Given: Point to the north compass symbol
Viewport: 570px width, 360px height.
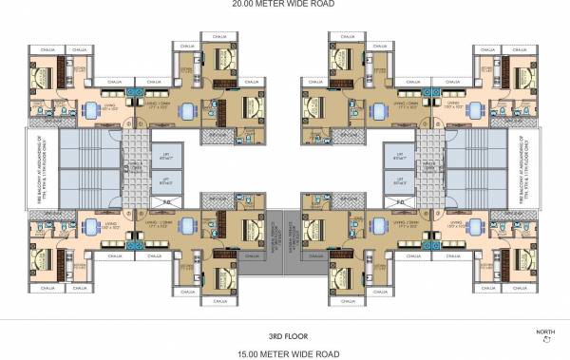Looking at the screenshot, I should (544, 341).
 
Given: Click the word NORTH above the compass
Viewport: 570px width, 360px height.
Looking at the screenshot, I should (544, 332).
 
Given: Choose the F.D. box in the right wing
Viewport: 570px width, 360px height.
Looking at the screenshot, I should (400, 202).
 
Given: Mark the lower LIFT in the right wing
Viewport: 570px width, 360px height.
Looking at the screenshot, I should (404, 179).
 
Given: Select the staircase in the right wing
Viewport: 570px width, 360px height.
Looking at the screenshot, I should (484, 166).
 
